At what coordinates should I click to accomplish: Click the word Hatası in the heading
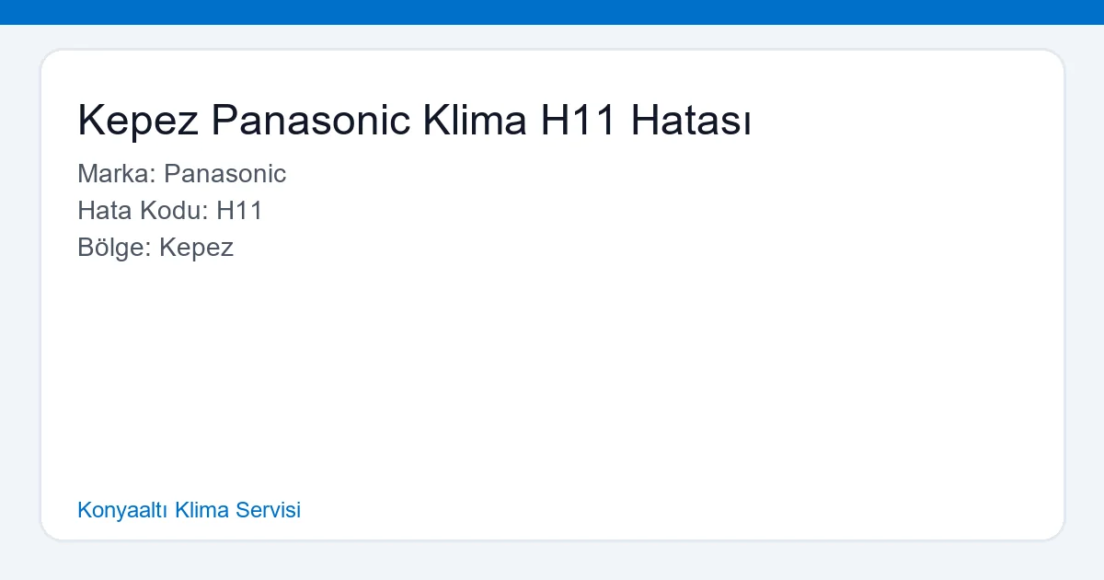(691, 121)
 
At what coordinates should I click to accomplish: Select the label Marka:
(117, 174)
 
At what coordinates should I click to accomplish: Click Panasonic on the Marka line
(225, 174)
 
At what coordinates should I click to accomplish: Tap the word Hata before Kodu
(103, 211)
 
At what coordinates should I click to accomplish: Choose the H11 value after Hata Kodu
(240, 211)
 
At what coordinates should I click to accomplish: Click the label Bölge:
(114, 248)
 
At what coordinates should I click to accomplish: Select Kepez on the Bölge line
(196, 248)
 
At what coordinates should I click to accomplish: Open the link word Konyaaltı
(122, 510)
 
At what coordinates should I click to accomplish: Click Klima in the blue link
(201, 510)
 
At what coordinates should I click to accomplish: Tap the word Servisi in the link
(268, 510)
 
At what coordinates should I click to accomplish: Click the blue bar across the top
(552, 12)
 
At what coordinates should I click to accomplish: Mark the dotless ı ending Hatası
(747, 122)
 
